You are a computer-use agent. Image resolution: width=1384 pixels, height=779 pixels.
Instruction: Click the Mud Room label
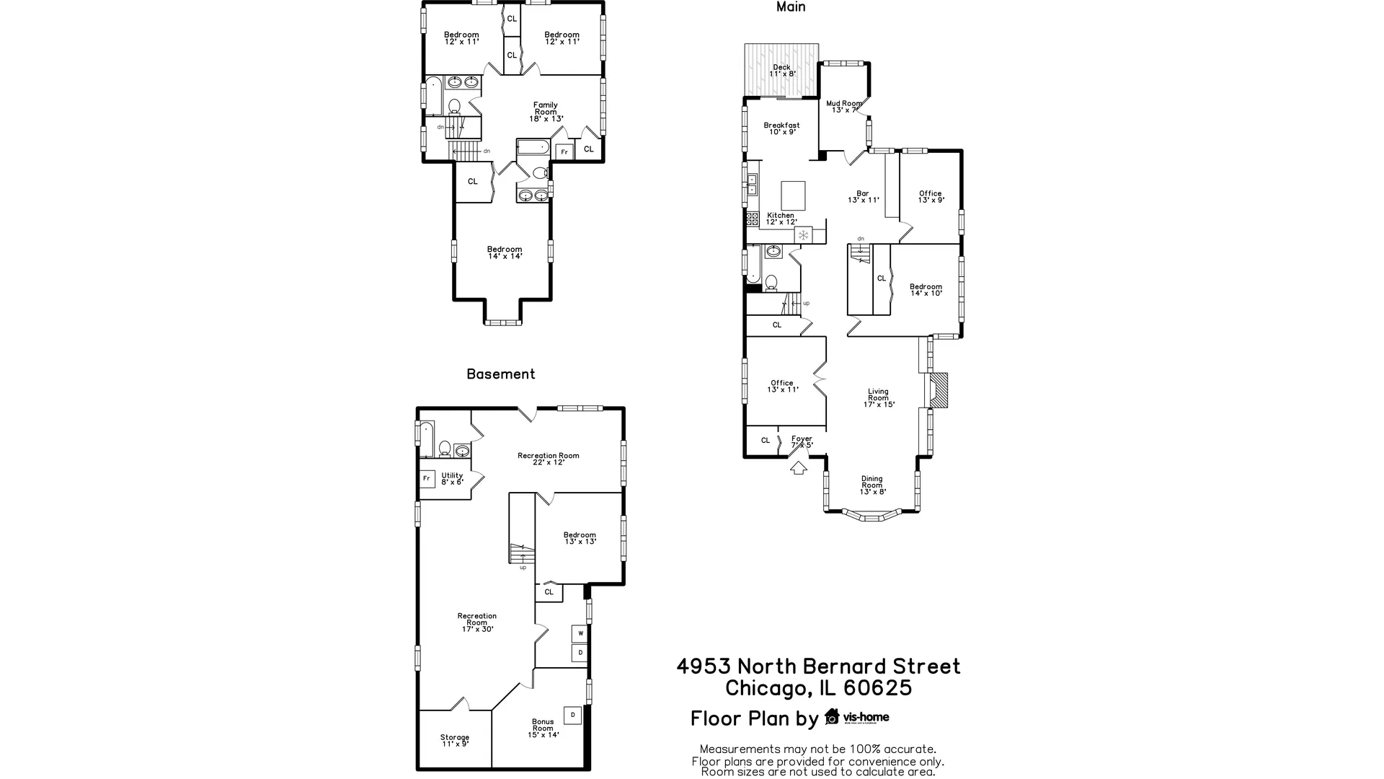pos(843,107)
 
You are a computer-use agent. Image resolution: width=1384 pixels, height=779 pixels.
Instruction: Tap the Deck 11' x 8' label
pos(781,71)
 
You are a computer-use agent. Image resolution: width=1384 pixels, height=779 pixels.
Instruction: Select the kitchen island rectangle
pos(794,195)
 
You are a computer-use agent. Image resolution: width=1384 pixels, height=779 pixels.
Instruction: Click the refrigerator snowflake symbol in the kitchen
pos(803,235)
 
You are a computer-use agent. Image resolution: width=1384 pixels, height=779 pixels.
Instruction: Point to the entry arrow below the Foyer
pos(798,468)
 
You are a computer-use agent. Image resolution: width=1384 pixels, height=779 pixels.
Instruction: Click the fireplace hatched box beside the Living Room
pos(939,391)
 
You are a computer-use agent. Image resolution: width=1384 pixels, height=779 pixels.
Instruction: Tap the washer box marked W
pos(580,633)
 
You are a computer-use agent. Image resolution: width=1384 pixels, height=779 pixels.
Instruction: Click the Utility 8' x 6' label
pos(452,478)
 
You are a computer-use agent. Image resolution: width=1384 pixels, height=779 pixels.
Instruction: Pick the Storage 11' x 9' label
pos(455,740)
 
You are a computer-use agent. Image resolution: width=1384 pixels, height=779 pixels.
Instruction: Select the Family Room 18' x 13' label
pos(546,112)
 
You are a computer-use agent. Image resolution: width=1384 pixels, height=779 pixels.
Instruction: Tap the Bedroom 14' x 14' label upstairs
pos(505,252)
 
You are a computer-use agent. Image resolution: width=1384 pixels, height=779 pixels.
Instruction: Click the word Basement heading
pos(500,374)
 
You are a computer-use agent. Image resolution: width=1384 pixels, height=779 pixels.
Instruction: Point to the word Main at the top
pos(791,7)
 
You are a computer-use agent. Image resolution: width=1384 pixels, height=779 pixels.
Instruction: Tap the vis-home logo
pos(857,717)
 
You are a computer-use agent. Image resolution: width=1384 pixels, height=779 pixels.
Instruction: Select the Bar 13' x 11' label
pos(863,197)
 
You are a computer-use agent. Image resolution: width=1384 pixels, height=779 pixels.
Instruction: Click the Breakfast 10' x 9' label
pos(781,128)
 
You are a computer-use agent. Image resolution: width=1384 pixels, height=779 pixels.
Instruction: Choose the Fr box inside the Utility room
pos(427,478)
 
